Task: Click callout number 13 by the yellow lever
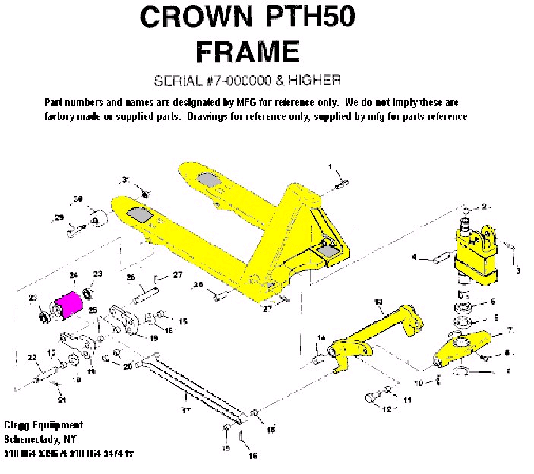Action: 378,302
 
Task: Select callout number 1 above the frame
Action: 330,166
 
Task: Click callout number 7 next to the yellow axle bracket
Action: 510,330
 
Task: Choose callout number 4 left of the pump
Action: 414,258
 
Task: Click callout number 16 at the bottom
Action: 253,456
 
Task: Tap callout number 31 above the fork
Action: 125,179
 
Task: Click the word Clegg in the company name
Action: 17,425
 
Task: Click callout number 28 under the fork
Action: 198,285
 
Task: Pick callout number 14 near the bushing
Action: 321,337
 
